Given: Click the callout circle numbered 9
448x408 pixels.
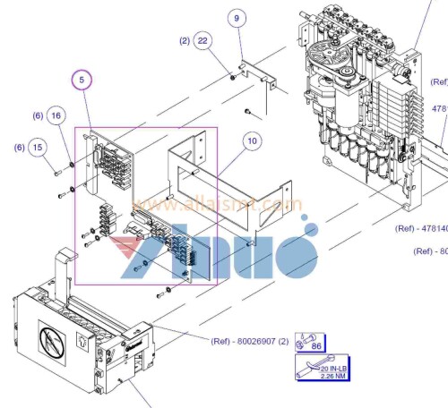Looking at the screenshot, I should click(237, 19).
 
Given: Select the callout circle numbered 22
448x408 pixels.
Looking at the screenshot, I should click(203, 41).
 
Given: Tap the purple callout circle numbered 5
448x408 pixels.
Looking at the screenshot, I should click(82, 81).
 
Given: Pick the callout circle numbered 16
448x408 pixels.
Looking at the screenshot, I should click(56, 116).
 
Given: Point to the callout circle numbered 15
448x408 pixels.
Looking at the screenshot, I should click(37, 148).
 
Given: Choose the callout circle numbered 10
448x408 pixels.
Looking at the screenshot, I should click(252, 140).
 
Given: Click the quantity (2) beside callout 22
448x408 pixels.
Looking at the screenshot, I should click(185, 41).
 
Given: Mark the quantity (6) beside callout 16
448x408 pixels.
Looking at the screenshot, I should click(38, 116).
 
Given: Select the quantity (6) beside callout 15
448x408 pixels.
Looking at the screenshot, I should click(18, 148).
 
